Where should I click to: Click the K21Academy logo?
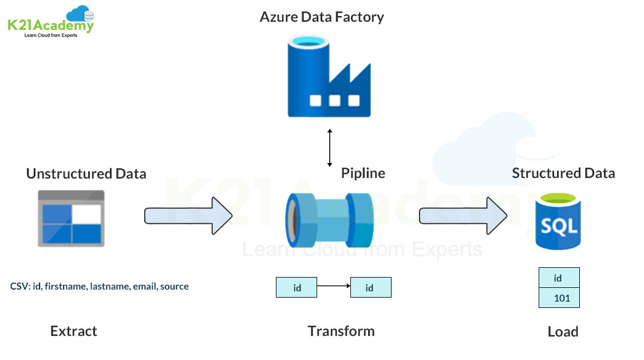click(x=50, y=22)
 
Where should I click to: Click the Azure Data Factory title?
click(x=322, y=17)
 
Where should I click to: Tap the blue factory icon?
click(x=329, y=76)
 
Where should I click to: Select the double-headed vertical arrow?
click(x=329, y=148)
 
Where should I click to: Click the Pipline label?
click(x=363, y=173)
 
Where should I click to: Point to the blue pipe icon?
click(x=329, y=218)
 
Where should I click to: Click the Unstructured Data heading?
click(x=86, y=173)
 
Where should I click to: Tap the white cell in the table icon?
click(x=86, y=213)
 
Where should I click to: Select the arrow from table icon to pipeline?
click(x=188, y=216)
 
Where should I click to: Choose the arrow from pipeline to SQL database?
click(x=463, y=216)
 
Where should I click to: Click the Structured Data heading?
click(x=563, y=173)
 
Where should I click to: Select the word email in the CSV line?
click(x=145, y=286)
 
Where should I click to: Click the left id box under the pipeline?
click(x=297, y=287)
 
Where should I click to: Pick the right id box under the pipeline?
click(x=370, y=287)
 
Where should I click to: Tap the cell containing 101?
click(x=559, y=298)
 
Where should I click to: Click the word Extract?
click(x=74, y=331)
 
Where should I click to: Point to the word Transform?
click(x=341, y=331)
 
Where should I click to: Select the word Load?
click(x=563, y=331)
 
